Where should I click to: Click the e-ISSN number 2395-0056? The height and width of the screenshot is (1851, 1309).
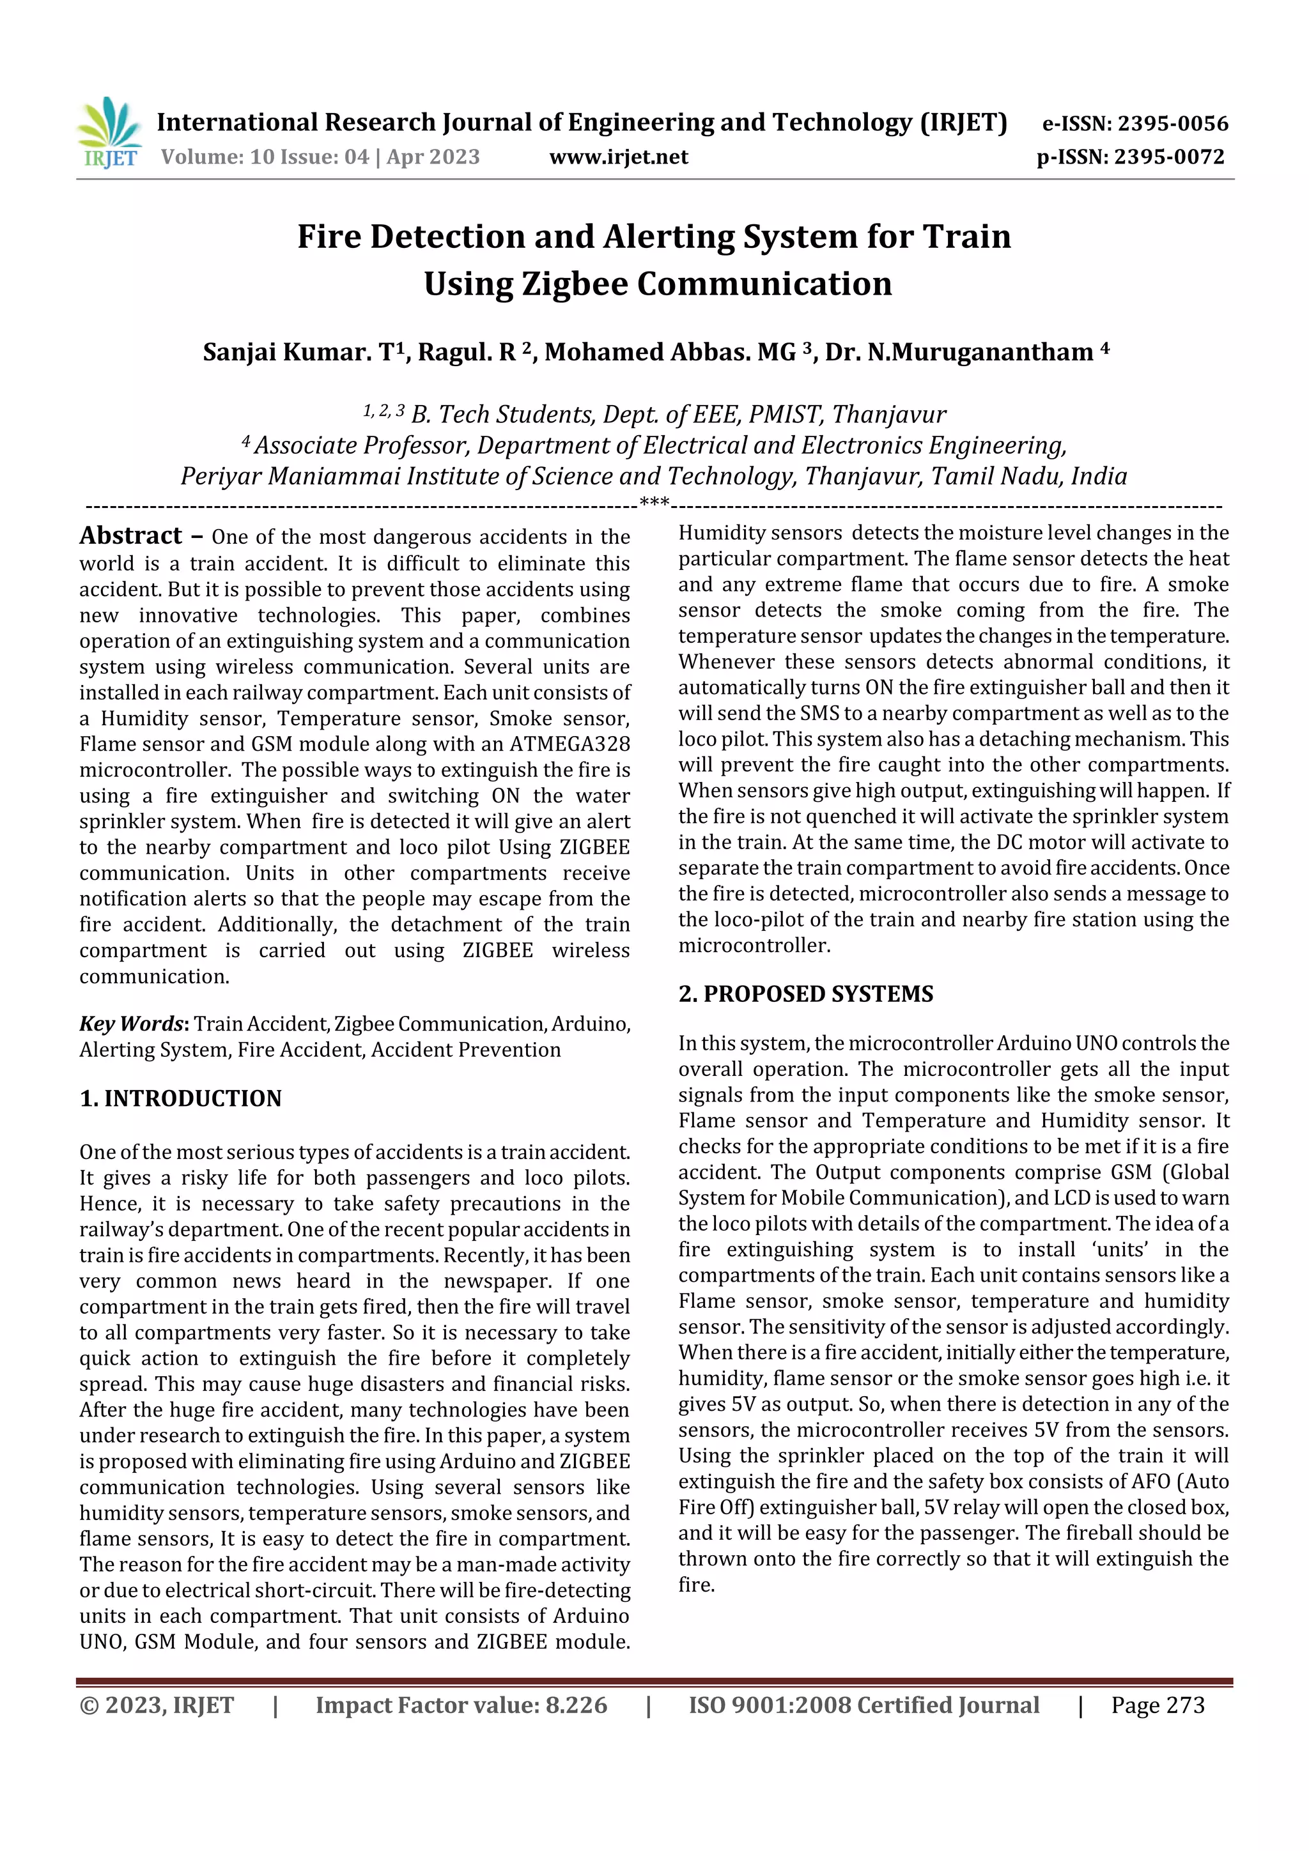click(x=1173, y=123)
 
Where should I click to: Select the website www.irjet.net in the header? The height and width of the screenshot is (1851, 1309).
click(x=619, y=157)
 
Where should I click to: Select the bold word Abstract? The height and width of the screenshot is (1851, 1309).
click(x=130, y=535)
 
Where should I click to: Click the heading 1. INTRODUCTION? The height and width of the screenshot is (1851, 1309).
click(x=181, y=1098)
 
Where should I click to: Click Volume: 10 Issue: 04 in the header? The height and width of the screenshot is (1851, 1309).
click(x=265, y=157)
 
